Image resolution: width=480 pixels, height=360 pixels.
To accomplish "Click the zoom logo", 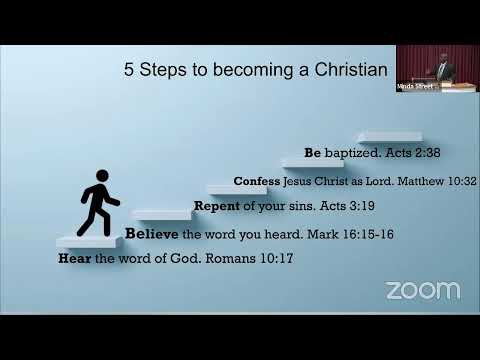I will coord(423,291).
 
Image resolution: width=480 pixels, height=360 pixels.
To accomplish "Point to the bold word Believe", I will coord(152,234).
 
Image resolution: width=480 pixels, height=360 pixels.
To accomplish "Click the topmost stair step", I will coord(389,136).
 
